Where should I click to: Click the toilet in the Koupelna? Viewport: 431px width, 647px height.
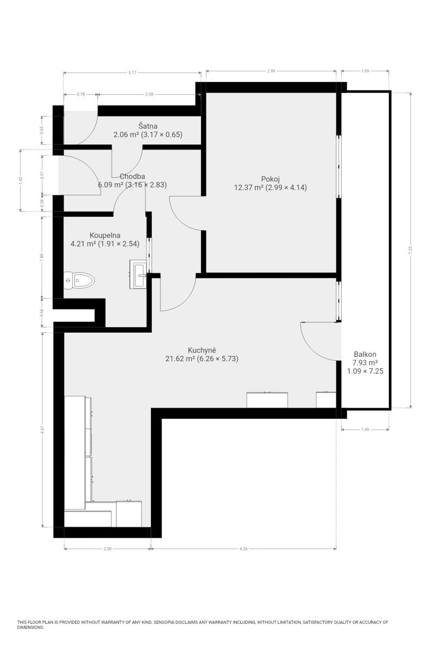click(x=79, y=280)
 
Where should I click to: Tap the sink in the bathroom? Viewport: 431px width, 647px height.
click(x=138, y=274)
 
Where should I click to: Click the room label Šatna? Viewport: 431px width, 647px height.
click(x=148, y=126)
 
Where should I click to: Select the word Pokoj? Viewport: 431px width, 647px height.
click(x=270, y=179)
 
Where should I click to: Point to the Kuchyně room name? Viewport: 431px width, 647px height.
click(x=202, y=350)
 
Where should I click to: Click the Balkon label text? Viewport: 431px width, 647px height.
click(x=365, y=354)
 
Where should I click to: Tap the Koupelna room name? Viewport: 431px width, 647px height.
click(x=105, y=235)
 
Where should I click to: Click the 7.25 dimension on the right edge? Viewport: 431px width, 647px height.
click(x=411, y=250)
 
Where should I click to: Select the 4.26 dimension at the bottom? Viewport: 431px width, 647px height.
click(x=244, y=548)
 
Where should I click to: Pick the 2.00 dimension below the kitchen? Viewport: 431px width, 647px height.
click(x=107, y=548)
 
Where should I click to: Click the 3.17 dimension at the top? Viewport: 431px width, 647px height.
click(x=132, y=72)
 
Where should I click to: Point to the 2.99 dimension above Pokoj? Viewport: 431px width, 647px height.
click(x=271, y=71)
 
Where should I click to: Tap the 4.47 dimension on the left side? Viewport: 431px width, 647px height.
click(x=43, y=430)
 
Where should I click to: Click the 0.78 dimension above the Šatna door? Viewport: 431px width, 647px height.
click(x=80, y=94)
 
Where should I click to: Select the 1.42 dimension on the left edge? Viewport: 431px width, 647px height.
click(x=20, y=181)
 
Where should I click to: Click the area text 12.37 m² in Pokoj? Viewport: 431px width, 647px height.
click(x=248, y=188)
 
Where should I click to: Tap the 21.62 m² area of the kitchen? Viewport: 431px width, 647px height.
click(x=180, y=359)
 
